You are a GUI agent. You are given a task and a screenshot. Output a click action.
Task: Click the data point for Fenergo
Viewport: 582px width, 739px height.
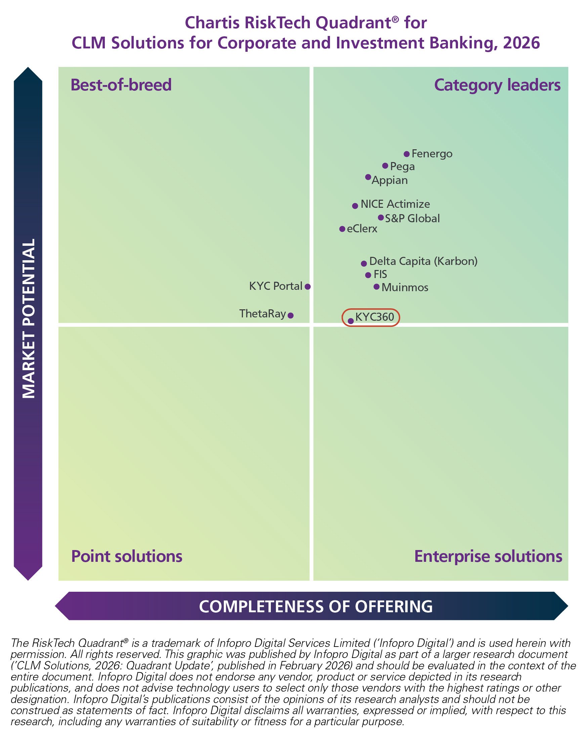coord(407,154)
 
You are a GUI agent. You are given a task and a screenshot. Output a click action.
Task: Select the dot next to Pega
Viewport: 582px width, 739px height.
coord(385,166)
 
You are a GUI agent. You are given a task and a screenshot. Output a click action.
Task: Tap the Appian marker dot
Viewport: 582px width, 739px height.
coord(368,177)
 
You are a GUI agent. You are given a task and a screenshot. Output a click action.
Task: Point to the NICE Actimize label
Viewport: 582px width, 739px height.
coord(395,204)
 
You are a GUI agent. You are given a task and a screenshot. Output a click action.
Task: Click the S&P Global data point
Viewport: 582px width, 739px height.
coord(381,218)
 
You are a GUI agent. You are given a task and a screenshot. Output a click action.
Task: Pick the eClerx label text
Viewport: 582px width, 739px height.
coord(362,229)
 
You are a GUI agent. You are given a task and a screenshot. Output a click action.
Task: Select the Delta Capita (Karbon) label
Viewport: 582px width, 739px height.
coord(423,262)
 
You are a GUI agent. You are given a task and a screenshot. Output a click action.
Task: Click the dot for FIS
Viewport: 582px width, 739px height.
coord(368,275)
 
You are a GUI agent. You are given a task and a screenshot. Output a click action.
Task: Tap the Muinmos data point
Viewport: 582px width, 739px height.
coord(377,287)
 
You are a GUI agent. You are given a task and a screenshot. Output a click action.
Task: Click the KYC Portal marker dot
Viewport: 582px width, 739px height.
coord(308,287)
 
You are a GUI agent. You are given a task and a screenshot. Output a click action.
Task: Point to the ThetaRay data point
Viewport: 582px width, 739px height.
coord(291,316)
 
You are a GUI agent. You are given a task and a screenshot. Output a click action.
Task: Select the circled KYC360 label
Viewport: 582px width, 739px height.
coord(374,317)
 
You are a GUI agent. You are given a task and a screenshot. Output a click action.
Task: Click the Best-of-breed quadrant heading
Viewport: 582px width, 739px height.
coord(121,85)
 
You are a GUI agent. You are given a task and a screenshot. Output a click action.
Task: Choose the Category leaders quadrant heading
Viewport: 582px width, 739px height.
coord(497,85)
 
